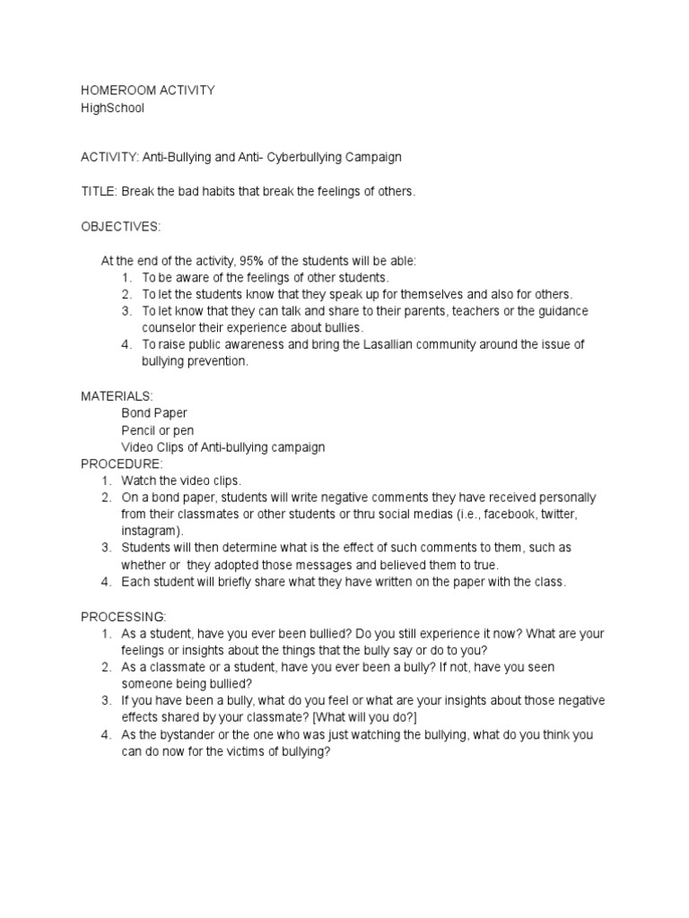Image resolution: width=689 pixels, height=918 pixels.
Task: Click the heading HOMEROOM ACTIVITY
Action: pos(147,91)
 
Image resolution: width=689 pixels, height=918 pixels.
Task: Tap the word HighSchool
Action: pos(112,108)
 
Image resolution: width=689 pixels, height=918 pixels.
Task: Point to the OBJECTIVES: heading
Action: pos(121,227)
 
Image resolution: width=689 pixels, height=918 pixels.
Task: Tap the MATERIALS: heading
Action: pos(117,395)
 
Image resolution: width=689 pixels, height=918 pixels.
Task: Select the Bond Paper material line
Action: pos(154,412)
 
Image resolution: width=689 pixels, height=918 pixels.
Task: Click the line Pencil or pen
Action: pos(157,429)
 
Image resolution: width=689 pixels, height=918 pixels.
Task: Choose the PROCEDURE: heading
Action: pos(122,463)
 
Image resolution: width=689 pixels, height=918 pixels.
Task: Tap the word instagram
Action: pos(149,531)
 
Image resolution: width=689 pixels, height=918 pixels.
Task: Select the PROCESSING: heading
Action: pos(124,617)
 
